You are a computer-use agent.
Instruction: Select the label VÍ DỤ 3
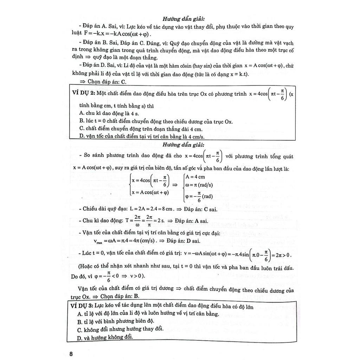click(x=83, y=307)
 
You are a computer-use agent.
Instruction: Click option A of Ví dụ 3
click(x=148, y=314)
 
